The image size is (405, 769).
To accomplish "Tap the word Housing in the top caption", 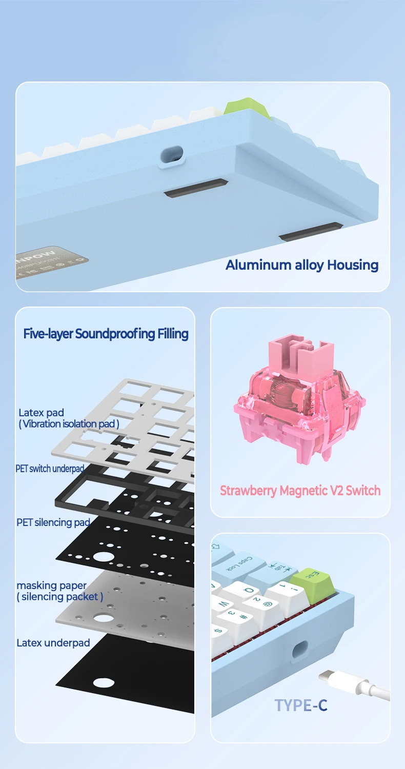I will click(x=353, y=265).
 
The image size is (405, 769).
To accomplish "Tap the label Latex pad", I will click(x=41, y=413).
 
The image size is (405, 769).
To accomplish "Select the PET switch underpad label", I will click(x=49, y=469).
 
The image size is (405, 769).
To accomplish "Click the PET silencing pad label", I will click(x=53, y=522).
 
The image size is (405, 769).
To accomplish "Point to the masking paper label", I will click(x=51, y=585).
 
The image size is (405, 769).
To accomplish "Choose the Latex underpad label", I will click(x=53, y=643).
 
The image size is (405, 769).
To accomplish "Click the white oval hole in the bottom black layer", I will click(x=104, y=682).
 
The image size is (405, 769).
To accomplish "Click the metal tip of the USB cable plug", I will click(x=326, y=677).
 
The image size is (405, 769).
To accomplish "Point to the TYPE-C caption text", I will click(x=300, y=705).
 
